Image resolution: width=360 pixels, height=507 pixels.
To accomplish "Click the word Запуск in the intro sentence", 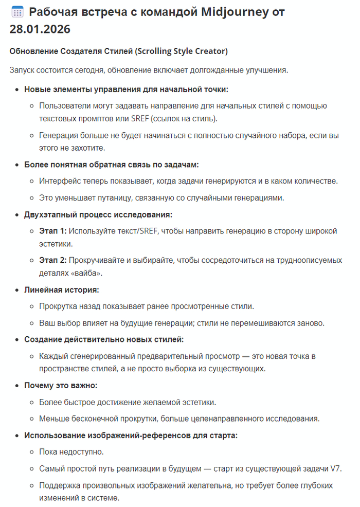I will coord(23,70).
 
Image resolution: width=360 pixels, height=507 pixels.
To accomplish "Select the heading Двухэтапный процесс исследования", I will coord(98,214).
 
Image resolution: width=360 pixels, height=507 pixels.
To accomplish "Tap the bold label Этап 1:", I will coord(53,231).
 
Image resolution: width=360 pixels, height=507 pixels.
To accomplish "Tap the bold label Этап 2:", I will coord(53,261).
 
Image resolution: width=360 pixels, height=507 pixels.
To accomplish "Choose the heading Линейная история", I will coord(61,290).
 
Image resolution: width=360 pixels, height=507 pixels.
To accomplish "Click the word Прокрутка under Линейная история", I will coord(59,307).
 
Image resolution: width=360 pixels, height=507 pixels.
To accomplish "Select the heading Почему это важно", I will coord(61,385).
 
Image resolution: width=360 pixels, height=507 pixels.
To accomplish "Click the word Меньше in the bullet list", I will coord(55,419).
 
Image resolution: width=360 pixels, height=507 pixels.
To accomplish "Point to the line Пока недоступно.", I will coord(71,452).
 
